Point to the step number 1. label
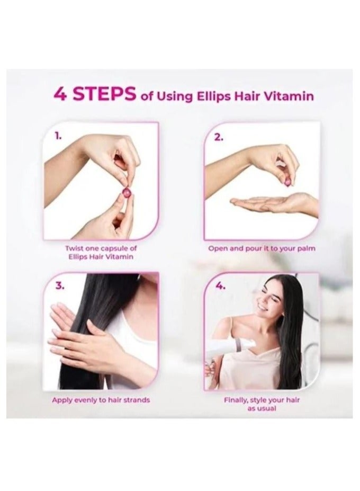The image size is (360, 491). click(x=58, y=137)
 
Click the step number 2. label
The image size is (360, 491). click(x=219, y=137)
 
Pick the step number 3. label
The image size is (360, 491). click(x=60, y=286)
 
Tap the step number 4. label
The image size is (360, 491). click(x=220, y=286)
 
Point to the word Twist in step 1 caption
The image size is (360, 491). click(x=74, y=248)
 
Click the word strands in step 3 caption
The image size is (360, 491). click(x=137, y=400)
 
